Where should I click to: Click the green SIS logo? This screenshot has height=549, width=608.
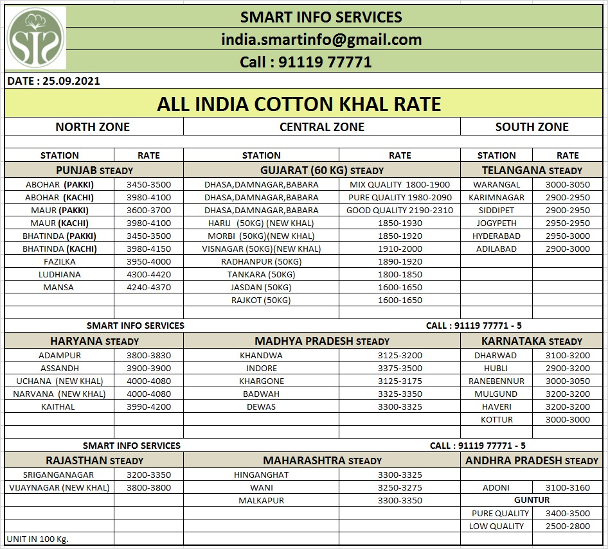[x=35, y=39]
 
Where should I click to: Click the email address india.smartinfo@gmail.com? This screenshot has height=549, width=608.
[x=321, y=39]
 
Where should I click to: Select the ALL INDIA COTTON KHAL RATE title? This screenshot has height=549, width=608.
[x=299, y=104]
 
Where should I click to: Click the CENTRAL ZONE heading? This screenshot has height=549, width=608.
[x=321, y=127]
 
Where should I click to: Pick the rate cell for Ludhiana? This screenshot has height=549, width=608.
[x=148, y=274]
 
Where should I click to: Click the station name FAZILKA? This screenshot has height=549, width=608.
[x=59, y=261]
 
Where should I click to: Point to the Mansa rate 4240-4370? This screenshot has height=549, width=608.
[x=148, y=287]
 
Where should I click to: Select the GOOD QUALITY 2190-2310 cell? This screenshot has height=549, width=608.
[x=399, y=210]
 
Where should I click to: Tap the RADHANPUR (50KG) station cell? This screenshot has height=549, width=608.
[x=261, y=261]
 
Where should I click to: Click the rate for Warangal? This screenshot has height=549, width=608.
[x=567, y=184]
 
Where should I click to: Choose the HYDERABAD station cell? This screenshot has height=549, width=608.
[x=496, y=236]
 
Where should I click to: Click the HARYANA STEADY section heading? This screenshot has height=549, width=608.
[x=94, y=341]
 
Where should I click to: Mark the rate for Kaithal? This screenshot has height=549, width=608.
[x=148, y=406]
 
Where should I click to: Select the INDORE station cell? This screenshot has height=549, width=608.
[x=261, y=368]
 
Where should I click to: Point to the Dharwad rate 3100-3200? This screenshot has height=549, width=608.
[x=567, y=355]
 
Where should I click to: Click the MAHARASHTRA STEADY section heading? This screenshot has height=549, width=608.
[x=322, y=460]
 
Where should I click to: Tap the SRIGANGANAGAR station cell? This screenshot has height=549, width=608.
[x=58, y=475]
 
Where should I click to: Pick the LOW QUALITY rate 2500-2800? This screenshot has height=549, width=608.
[x=567, y=526]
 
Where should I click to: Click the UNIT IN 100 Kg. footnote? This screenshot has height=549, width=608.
[x=37, y=539]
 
